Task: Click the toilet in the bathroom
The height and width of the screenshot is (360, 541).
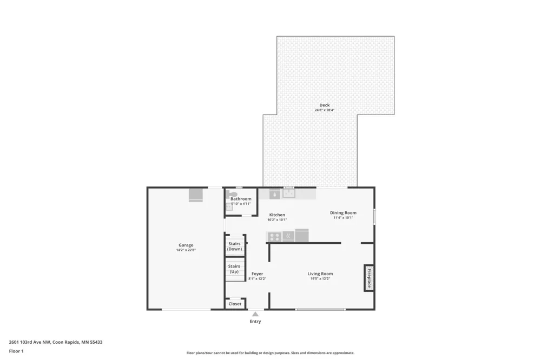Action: tap(231, 195)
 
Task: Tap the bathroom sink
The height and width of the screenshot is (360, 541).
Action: tap(229, 206)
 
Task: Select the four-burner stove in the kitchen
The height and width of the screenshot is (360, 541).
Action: tap(275, 237)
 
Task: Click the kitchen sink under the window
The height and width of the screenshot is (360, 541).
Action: tap(289, 193)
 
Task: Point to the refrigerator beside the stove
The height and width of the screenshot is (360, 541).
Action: tap(301, 236)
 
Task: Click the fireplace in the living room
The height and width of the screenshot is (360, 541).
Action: tap(369, 278)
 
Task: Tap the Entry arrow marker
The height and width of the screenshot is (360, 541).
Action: tap(255, 314)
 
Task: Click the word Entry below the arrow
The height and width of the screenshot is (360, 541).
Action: tap(255, 322)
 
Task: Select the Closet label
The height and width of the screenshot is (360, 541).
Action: tap(235, 304)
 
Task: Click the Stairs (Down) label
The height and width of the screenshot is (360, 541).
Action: tap(235, 246)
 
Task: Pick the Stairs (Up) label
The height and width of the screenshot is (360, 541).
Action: tap(234, 269)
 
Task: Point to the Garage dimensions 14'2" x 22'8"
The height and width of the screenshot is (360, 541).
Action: tap(186, 250)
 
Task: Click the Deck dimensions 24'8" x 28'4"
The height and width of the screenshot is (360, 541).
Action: tap(324, 110)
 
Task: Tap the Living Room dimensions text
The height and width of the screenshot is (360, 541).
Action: tap(320, 278)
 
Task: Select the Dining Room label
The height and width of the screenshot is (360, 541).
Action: tap(344, 213)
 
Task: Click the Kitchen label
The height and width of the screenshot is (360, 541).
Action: tap(277, 215)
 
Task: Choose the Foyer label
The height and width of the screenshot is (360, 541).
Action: tap(258, 274)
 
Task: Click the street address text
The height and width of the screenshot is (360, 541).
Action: tap(56, 342)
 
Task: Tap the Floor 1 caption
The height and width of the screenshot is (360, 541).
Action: tap(16, 351)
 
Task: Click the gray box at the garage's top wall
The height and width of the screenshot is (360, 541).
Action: tap(196, 195)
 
